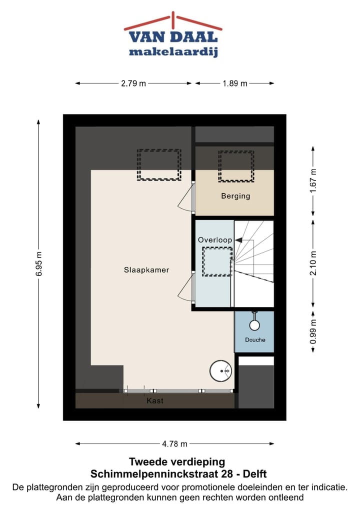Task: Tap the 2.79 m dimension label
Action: (x=133, y=83)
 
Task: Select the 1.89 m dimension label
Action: (x=235, y=83)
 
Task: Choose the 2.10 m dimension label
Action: (x=313, y=263)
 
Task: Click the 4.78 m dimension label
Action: (x=175, y=443)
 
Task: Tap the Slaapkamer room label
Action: (x=146, y=270)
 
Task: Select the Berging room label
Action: (x=235, y=196)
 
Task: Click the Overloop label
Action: (x=214, y=240)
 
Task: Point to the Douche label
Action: (x=255, y=340)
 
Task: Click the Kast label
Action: (x=155, y=401)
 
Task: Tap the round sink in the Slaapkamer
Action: (x=220, y=371)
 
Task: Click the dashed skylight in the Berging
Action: (x=235, y=166)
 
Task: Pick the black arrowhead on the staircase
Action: (x=239, y=240)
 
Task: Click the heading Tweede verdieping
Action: (x=177, y=461)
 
